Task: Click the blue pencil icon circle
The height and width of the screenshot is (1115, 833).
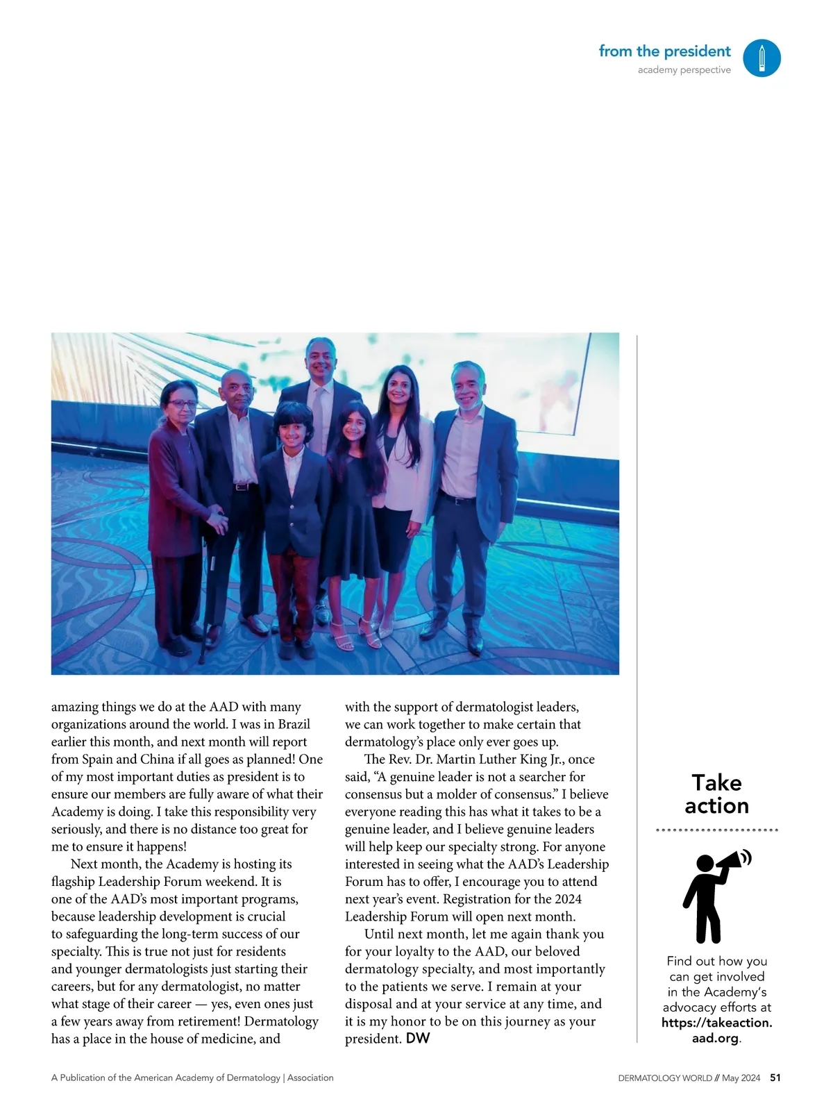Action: pos(762,58)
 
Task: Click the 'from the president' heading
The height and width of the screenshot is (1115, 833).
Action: pos(664,51)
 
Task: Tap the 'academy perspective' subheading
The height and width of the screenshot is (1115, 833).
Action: pos(684,70)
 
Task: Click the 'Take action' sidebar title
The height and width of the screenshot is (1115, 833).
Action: pos(716,794)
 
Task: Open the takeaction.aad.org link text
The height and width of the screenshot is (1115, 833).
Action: pos(716,1030)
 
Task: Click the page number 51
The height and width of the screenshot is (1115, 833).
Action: pos(775,1078)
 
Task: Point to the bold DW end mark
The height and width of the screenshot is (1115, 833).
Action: pos(418,1039)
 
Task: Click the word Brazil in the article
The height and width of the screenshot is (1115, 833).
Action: pos(294,724)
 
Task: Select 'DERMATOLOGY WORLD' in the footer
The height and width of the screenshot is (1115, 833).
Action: pos(664,1078)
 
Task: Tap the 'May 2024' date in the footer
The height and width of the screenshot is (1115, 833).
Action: pos(741,1078)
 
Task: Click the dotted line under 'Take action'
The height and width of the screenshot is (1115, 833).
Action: pos(716,830)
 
